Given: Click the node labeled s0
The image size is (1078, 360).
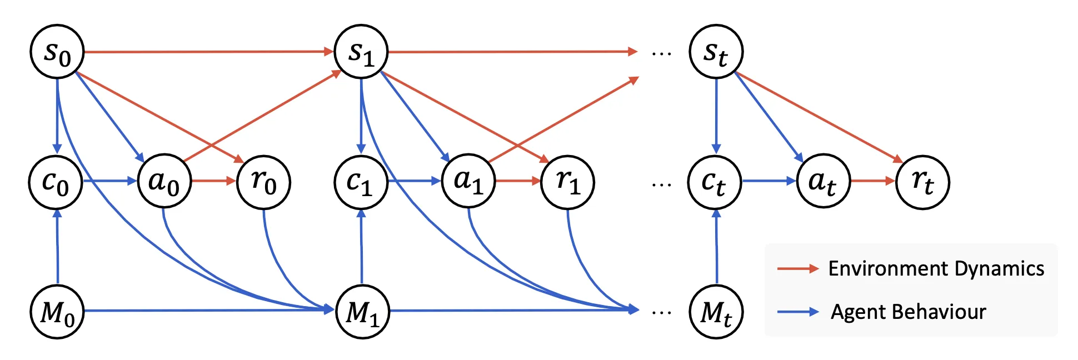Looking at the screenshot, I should click(x=57, y=52).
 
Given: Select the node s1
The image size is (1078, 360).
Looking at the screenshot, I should click(x=361, y=52).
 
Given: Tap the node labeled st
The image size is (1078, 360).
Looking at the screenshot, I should click(x=716, y=52).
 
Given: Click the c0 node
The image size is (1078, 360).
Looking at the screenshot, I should click(x=56, y=182).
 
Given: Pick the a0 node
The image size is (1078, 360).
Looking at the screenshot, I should click(x=164, y=181).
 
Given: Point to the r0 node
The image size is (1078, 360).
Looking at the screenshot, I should click(x=263, y=182).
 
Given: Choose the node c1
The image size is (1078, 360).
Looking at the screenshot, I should click(x=361, y=182).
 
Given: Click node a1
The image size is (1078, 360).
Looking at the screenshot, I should click(x=468, y=181).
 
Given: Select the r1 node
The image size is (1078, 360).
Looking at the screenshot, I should click(x=567, y=182).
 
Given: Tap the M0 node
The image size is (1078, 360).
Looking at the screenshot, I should click(x=57, y=311).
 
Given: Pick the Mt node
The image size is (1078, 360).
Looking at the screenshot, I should click(x=716, y=311).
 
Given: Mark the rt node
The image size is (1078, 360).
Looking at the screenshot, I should click(x=922, y=182).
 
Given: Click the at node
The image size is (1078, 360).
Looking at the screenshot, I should click(x=823, y=181).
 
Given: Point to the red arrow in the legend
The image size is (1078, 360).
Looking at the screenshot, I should click(x=797, y=269).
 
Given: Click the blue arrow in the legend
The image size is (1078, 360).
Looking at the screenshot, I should click(x=797, y=312).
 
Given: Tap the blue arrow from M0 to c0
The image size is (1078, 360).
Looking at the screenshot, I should click(x=57, y=247).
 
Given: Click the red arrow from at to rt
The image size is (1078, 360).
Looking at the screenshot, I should click(x=872, y=181).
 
